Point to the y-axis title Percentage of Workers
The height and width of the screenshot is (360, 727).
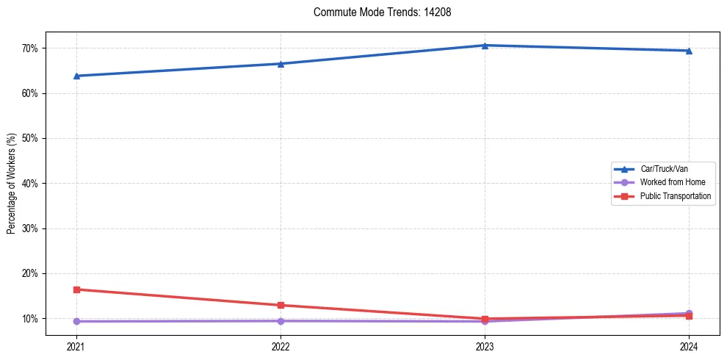[12, 184]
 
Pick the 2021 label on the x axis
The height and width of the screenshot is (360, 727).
[76, 345]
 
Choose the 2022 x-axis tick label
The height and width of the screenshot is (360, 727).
[281, 345]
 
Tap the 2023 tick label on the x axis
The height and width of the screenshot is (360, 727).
[485, 345]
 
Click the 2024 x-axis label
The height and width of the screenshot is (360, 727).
[689, 345]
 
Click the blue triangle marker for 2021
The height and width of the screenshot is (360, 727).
[76, 76]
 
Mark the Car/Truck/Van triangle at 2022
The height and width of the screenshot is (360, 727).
[281, 64]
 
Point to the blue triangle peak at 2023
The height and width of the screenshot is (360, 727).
[485, 46]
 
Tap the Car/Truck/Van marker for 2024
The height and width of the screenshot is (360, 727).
[689, 51]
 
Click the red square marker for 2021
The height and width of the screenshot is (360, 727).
[76, 289]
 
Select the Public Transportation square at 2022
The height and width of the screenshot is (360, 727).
[281, 305]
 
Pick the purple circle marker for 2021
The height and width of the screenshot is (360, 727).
[76, 321]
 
